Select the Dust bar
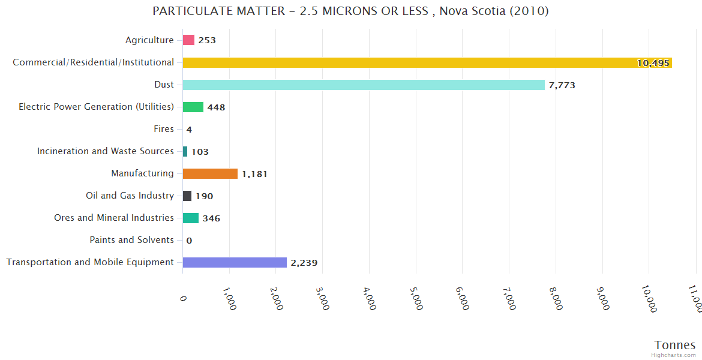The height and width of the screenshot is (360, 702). point(364,85)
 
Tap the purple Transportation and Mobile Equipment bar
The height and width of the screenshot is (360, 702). point(235,262)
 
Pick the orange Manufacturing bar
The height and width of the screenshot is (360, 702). point(210,173)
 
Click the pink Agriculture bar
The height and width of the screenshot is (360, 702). point(188,40)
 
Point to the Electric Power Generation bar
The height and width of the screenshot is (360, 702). point(193,107)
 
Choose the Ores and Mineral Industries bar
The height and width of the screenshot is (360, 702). point(191,218)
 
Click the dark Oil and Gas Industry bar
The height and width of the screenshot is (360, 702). point(187,196)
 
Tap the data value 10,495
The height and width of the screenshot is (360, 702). point(653,63)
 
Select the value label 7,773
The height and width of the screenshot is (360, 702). point(562,85)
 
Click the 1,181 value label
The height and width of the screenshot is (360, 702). point(254,174)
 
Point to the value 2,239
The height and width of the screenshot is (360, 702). point(304,263)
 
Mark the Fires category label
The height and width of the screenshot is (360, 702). point(164,129)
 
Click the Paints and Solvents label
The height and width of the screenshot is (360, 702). point(131,240)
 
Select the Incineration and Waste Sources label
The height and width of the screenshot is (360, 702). point(105,151)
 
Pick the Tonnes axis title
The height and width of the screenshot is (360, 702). point(674,345)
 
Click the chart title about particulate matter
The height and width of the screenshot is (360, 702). point(350,11)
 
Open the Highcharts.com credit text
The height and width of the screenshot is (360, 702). point(674,355)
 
